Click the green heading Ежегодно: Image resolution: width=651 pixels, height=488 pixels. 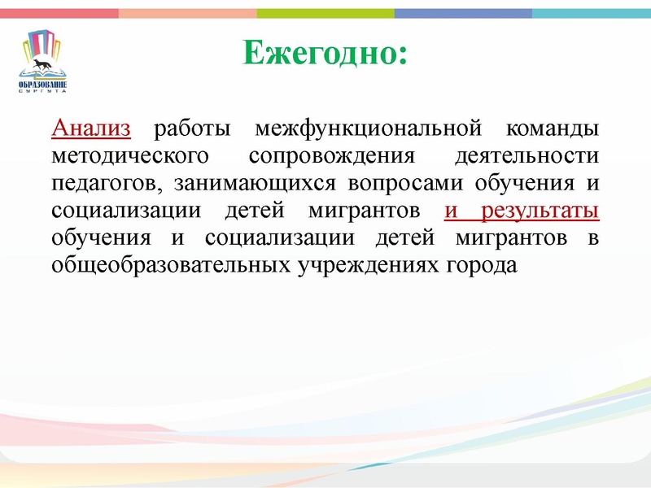325,54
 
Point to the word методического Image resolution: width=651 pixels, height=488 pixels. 125,155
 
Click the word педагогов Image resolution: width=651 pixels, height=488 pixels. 104,183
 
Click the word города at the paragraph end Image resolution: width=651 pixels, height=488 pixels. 480,266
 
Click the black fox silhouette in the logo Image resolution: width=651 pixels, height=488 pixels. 42,63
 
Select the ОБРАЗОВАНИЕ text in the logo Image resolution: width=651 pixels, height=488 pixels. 43,83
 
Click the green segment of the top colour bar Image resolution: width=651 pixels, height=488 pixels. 325,13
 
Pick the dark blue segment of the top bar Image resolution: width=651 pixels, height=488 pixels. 463,13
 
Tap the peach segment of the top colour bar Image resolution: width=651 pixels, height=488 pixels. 187,13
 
